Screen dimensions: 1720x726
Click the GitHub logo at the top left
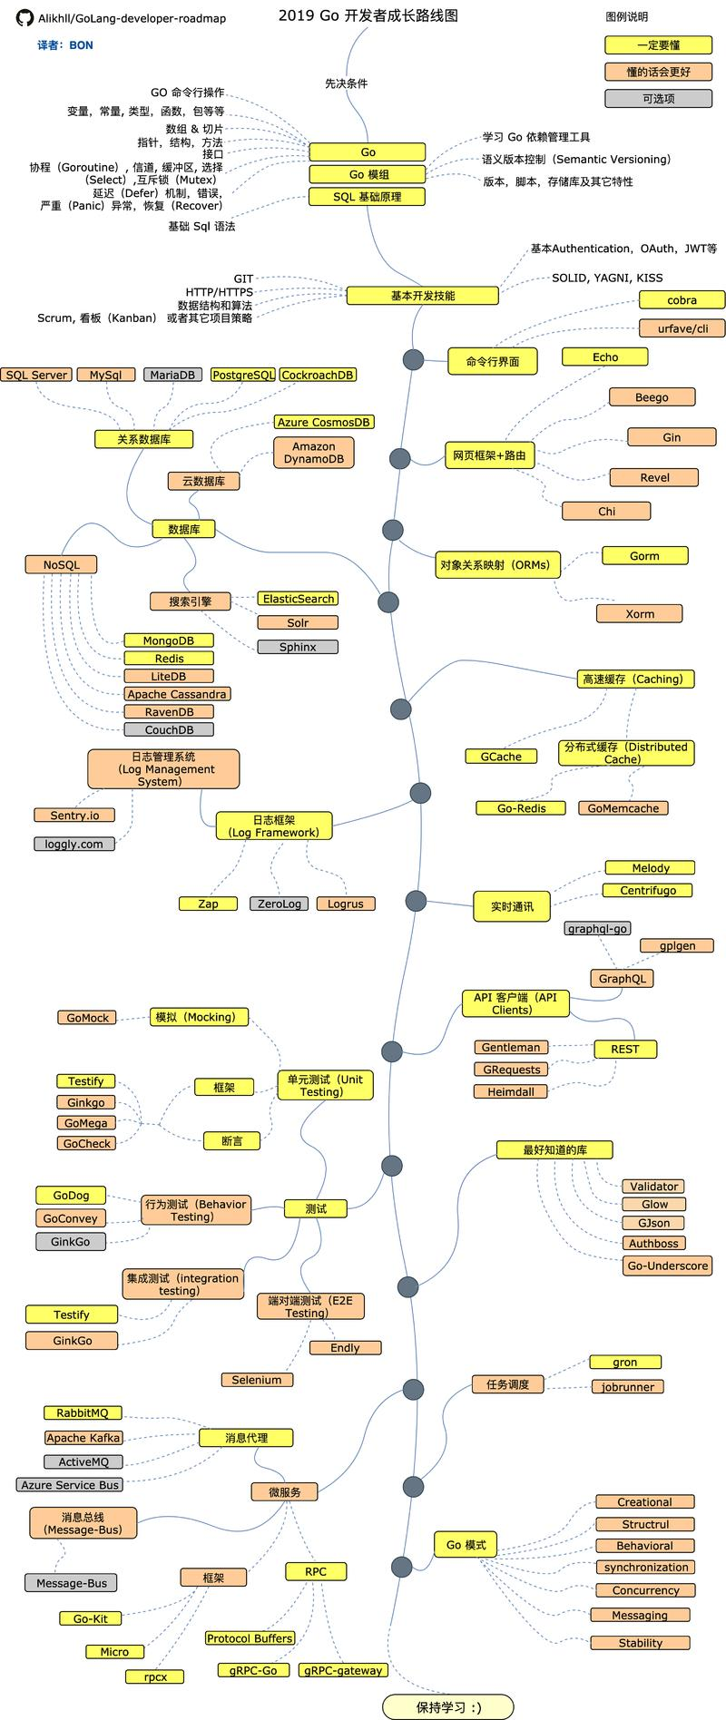[x=25, y=18]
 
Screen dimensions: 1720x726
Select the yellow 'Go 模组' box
[x=368, y=174]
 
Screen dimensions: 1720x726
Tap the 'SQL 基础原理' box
[x=368, y=197]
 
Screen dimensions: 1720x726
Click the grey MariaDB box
[x=172, y=375]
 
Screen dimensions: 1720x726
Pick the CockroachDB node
[x=318, y=375]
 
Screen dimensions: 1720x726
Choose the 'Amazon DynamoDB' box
[x=313, y=453]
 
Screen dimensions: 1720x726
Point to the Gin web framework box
[x=671, y=437]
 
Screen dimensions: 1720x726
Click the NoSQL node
[x=61, y=564]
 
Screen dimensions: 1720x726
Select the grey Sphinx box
[x=298, y=647]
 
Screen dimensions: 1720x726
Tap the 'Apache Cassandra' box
[x=177, y=694]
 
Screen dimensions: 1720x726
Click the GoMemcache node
[x=623, y=808]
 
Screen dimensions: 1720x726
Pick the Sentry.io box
[x=74, y=816]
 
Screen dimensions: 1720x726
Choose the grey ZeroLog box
[x=279, y=904]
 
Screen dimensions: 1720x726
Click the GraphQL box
[x=622, y=979]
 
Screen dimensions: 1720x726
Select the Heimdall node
[x=511, y=1091]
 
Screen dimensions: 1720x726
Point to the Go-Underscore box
[x=668, y=1266]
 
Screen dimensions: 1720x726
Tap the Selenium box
[x=257, y=1380]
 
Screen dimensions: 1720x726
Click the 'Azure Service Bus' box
[x=70, y=1485]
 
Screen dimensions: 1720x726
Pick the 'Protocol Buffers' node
[x=250, y=1638]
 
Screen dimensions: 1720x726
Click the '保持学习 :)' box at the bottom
[x=448, y=1706]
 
